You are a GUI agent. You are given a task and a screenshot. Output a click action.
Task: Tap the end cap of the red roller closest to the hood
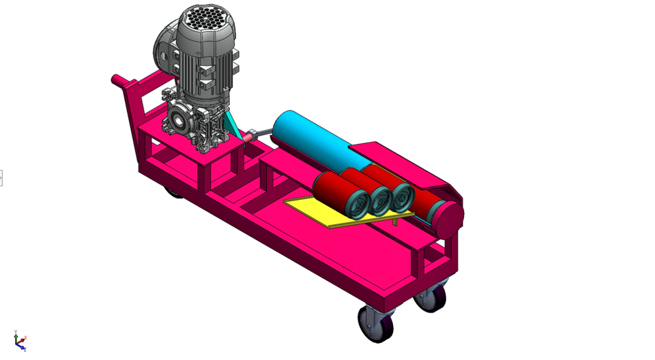(403, 197)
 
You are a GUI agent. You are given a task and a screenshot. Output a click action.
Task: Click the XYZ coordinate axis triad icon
(20, 340)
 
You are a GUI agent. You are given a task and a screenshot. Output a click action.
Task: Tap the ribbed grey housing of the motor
(205, 68)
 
